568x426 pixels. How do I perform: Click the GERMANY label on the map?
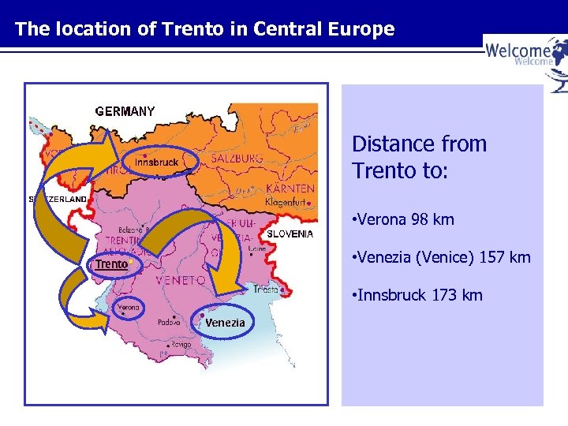(x=125, y=112)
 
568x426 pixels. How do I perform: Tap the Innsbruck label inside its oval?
(x=155, y=163)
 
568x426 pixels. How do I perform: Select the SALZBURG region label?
(x=236, y=159)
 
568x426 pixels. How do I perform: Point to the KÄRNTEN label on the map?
(x=290, y=189)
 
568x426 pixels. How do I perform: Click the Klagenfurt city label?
(x=285, y=203)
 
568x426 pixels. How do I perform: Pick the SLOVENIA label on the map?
(x=290, y=234)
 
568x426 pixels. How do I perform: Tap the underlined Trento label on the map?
(x=111, y=264)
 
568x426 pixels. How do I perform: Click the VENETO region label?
(x=181, y=280)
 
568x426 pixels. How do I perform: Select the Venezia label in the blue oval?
(x=225, y=323)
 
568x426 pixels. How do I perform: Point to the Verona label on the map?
(x=129, y=307)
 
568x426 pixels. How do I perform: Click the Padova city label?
(x=168, y=322)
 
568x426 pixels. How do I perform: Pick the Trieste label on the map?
(x=265, y=290)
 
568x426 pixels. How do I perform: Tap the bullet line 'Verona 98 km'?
(x=405, y=219)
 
